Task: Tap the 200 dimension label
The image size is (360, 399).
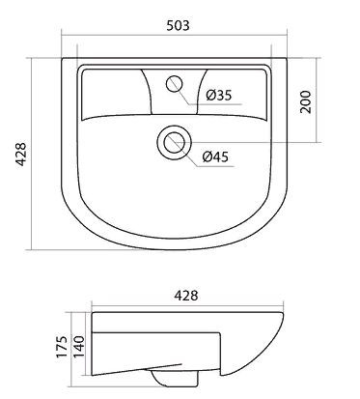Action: tap(307, 102)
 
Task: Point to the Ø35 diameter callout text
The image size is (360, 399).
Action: tap(220, 96)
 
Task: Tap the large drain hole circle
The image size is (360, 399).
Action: tap(175, 142)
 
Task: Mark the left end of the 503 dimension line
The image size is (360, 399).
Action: tap(62, 38)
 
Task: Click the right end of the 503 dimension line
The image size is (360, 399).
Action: tap(287, 38)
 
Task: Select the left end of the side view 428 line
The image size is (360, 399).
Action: tap(93, 307)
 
